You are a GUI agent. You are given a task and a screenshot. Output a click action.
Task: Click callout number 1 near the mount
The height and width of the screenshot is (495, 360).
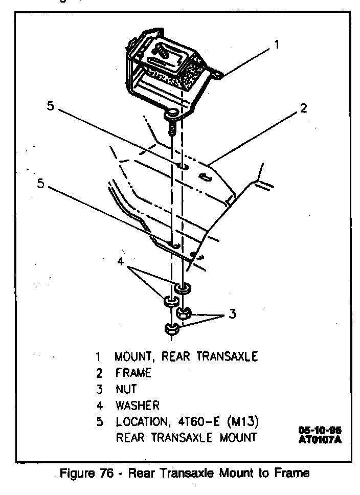click(277, 44)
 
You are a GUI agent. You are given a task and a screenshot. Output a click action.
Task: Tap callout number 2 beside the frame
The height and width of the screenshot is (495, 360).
click(303, 108)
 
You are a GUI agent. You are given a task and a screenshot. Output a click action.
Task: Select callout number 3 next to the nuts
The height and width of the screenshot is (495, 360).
click(233, 314)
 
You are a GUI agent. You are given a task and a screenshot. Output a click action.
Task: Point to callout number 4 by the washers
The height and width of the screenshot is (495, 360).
click(121, 261)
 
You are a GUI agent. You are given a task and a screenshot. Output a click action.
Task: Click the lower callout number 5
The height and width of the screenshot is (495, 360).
click(40, 184)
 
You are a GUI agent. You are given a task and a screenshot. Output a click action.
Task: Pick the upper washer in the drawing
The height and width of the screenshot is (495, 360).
click(183, 289)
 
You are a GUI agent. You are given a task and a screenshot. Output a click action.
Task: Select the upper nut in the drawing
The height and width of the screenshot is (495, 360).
click(184, 311)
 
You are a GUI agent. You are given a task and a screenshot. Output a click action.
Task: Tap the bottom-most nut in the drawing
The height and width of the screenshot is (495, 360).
click(170, 329)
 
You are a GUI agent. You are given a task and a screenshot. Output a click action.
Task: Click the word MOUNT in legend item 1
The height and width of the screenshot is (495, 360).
click(133, 356)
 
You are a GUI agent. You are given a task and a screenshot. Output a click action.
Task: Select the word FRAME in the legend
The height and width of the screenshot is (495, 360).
click(133, 373)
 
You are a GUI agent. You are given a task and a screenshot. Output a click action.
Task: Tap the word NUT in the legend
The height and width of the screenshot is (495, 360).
click(126, 389)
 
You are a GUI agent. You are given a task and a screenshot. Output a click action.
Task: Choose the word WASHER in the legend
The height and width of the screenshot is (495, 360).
click(138, 406)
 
